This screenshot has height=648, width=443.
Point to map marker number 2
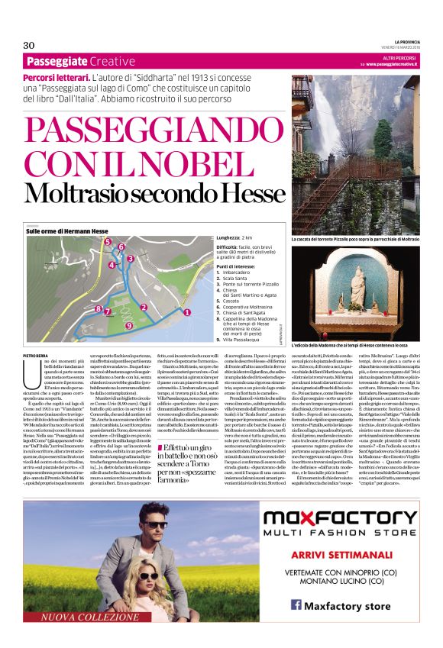[x=144, y=308]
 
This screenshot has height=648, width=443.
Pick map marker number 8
[x=97, y=309]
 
